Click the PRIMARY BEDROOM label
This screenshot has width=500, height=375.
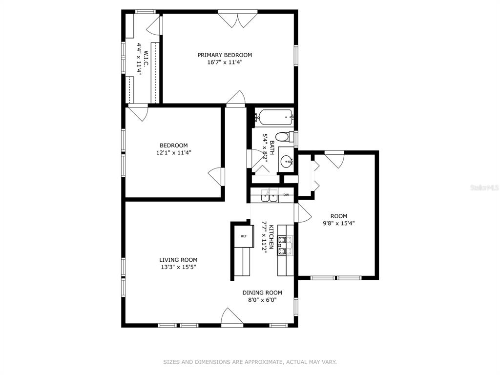pos(225,55)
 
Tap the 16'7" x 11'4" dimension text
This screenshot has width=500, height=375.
pos(225,62)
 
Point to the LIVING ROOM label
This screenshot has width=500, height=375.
pos(178,260)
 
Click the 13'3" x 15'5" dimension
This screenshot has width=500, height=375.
pos(178,267)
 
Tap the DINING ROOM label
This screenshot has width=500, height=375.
pos(262,293)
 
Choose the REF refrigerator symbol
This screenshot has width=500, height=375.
pos(244,236)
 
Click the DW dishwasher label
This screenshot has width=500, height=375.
pos(286,195)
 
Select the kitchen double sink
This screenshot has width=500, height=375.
pos(270,195)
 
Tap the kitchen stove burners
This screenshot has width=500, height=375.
pos(285,246)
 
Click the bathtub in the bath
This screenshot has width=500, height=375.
pos(275,118)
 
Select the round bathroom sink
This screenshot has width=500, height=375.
pos(286,161)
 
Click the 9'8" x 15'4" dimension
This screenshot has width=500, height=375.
pos(339,223)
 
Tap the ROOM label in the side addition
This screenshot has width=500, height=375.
pos(339,216)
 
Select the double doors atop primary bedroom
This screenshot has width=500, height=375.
pos(238,19)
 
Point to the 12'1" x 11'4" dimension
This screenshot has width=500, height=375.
pos(174,153)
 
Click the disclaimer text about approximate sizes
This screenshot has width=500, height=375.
pos(250,362)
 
